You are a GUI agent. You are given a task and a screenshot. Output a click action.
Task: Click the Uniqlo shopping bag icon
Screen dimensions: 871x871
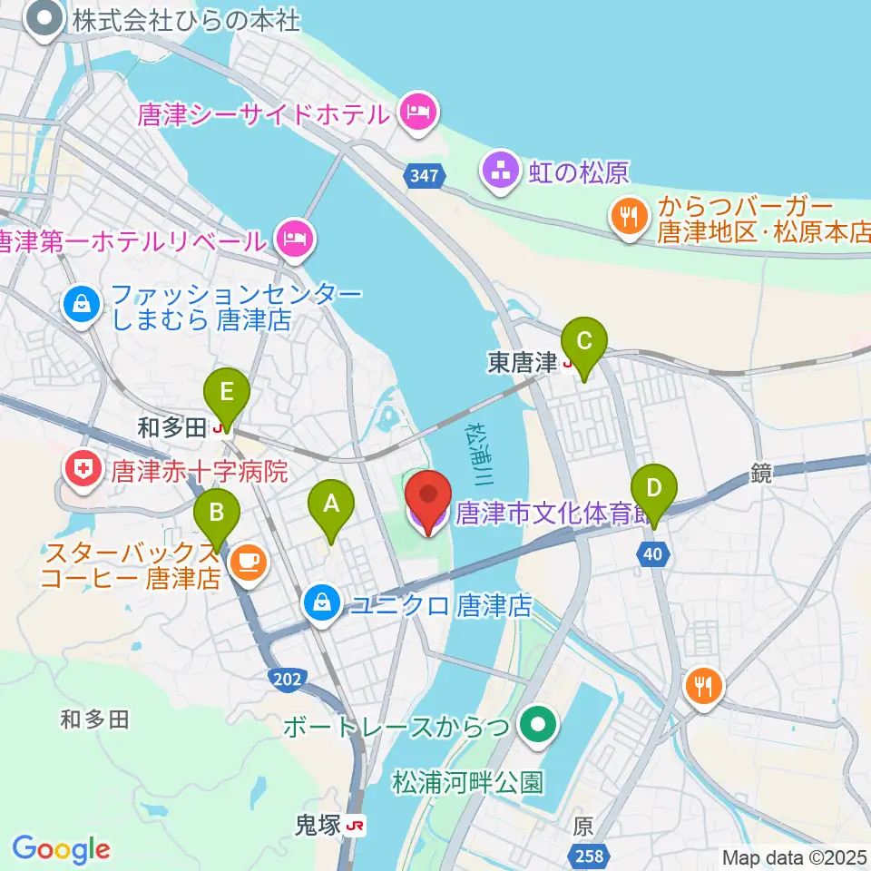321,600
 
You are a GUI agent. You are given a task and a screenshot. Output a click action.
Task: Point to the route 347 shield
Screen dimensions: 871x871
425,176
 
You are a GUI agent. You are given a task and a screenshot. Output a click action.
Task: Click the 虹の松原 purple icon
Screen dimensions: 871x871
498,170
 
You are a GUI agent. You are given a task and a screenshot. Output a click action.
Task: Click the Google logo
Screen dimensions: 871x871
61,848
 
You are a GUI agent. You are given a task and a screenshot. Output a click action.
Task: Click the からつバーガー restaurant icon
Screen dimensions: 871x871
628,219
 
